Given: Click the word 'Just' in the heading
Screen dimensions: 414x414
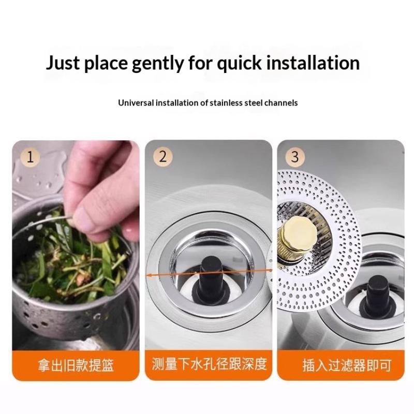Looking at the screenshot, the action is point(63,63).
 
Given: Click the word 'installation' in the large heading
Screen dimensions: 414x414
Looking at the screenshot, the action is point(313,63).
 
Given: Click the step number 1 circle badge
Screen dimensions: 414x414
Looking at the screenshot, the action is point(31,157).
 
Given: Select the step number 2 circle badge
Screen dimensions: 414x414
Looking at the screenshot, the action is point(163,157).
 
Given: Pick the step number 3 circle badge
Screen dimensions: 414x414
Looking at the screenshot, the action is point(295,157).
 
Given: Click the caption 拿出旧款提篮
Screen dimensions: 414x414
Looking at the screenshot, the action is point(76,365).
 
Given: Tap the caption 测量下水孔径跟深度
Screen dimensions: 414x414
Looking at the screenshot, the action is point(209,364).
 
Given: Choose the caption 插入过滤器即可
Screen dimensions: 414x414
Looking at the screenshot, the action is point(346,365).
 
